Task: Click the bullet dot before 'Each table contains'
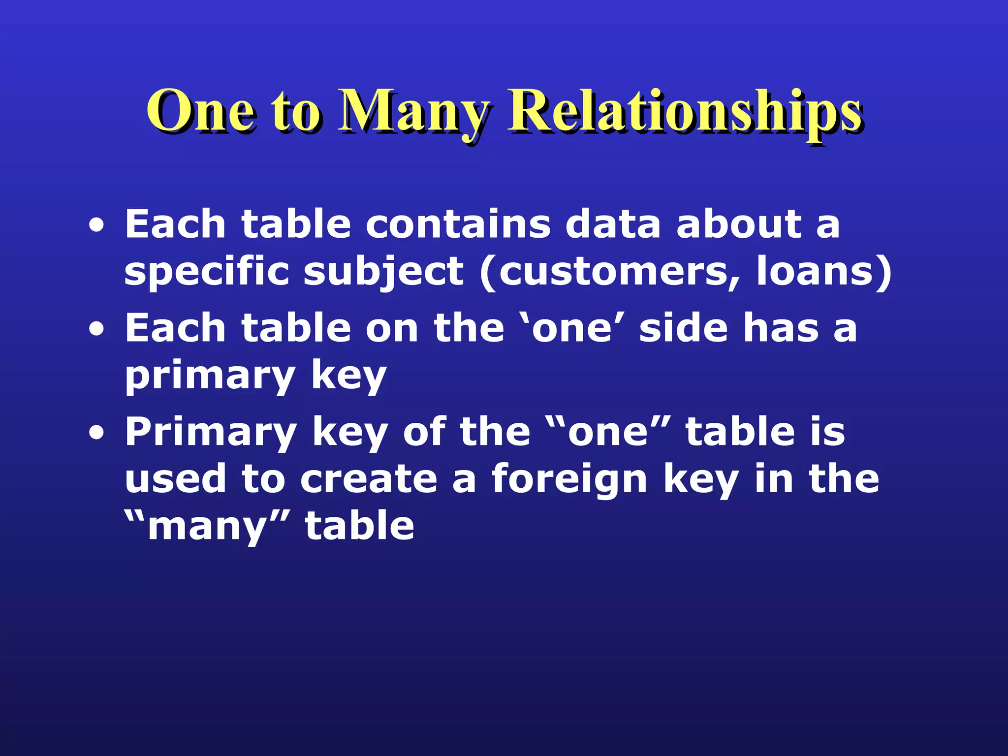point(97,226)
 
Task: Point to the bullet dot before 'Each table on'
point(97,329)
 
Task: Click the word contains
point(458,224)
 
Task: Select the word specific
point(207,272)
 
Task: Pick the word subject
point(383,272)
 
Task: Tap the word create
point(369,479)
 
